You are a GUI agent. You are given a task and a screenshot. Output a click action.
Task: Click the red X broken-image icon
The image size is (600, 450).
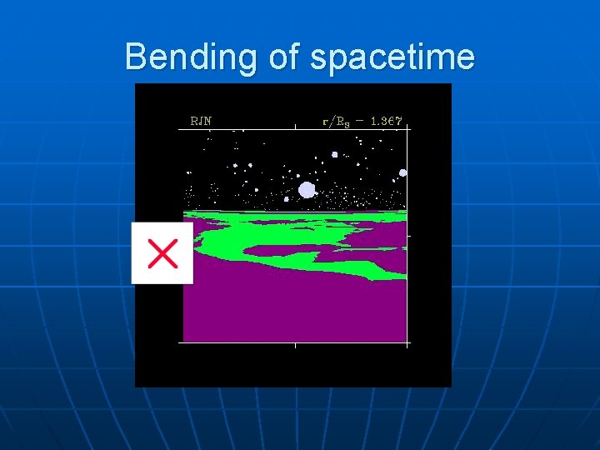[x=162, y=252]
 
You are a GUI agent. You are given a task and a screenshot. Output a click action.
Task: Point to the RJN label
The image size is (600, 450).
[x=201, y=121]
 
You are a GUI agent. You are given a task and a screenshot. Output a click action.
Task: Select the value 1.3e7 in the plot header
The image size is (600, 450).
[x=387, y=121]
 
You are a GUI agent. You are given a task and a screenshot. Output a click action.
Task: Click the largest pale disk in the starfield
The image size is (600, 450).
[x=307, y=190]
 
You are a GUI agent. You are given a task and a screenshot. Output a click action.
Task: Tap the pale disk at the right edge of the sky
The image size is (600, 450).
[x=402, y=172]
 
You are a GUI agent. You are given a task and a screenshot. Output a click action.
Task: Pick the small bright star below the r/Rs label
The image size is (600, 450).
[x=334, y=154]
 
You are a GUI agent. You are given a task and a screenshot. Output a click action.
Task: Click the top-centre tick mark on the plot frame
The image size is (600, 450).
[x=296, y=127]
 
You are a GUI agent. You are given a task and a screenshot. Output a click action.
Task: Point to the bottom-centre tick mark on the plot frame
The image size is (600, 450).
[x=295, y=344]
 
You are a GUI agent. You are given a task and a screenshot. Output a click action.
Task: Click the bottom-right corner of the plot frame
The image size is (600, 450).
[x=407, y=342]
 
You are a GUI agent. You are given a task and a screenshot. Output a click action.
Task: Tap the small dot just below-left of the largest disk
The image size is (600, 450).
[x=287, y=199]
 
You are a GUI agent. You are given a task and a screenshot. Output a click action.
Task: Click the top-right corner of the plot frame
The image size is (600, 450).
[x=407, y=126]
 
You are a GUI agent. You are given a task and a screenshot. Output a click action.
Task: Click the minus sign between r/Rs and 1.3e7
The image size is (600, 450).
[x=361, y=121]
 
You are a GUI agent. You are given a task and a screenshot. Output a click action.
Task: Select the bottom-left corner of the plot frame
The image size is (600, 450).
[x=183, y=342]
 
